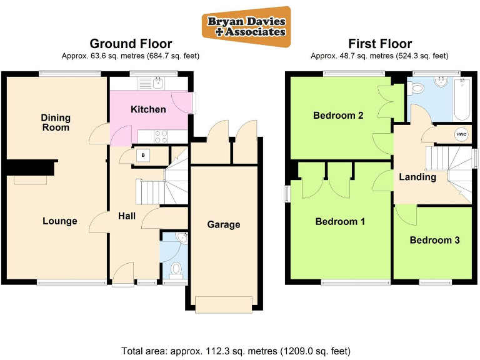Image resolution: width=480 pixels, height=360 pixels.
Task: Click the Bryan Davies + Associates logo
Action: tap(246, 26)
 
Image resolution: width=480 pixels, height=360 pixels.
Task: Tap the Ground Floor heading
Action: tap(131, 44)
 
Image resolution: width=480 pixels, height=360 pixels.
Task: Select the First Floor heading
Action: tap(379, 44)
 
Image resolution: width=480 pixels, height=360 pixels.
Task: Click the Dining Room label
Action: tap(56, 122)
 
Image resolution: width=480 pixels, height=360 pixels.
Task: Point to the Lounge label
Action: tap(60, 221)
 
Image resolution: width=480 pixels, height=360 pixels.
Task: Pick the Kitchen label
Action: tap(148, 109)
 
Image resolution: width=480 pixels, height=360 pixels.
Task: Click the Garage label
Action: tap(224, 224)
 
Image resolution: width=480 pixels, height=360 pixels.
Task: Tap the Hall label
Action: tap(127, 216)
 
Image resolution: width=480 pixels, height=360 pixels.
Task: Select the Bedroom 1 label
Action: tap(340, 221)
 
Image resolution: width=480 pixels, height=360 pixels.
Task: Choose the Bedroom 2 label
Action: tap(338, 115)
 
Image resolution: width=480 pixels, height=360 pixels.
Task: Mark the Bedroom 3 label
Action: tap(435, 240)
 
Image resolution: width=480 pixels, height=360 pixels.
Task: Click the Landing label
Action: tap(417, 177)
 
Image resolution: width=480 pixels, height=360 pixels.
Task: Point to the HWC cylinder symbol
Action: tap(461, 134)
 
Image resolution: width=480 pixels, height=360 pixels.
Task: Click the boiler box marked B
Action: tap(143, 155)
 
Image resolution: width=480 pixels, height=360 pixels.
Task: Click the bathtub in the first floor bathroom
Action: tap(462, 99)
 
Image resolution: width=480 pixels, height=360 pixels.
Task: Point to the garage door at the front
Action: tap(224, 304)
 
